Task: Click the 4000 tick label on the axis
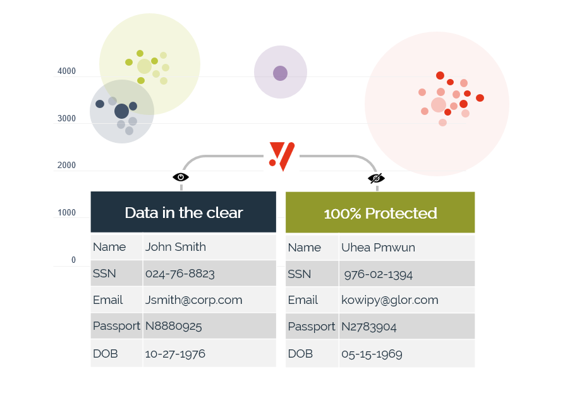click(x=66, y=71)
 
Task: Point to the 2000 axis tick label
click(x=66, y=166)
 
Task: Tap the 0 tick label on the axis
click(x=73, y=260)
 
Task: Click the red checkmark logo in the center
click(x=281, y=155)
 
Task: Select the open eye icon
click(x=181, y=177)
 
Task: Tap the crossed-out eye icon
click(x=376, y=178)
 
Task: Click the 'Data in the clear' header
click(x=183, y=212)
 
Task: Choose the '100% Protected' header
click(x=380, y=214)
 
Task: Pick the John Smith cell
click(x=176, y=247)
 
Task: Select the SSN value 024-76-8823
click(x=180, y=274)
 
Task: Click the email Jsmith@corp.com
click(x=193, y=300)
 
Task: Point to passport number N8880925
click(x=174, y=327)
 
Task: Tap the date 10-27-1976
click(x=175, y=353)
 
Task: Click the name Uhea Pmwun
click(x=378, y=248)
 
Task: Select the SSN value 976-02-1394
click(x=378, y=274)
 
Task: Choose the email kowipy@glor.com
click(x=389, y=300)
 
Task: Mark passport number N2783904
click(x=370, y=327)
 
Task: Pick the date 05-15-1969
click(x=372, y=354)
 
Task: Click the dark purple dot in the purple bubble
click(x=280, y=73)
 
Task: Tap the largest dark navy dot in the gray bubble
click(x=121, y=111)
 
